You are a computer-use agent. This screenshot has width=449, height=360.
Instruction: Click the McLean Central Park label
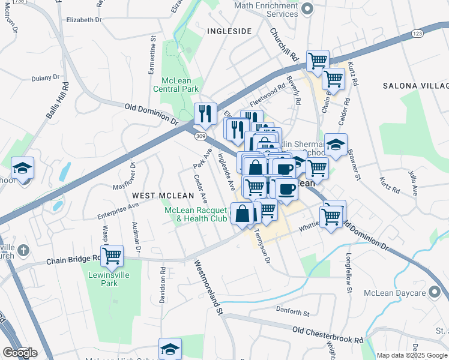point(179,85)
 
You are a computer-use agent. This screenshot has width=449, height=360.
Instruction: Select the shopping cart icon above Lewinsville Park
point(112,256)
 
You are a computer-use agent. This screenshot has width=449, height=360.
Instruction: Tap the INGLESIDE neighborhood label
point(229,31)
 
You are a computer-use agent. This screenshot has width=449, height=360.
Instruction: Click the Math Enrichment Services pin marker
point(307,8)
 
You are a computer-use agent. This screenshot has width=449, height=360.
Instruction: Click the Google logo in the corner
point(20,353)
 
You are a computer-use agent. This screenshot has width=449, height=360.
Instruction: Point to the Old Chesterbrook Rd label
point(328,335)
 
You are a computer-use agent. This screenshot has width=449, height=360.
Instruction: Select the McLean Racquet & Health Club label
point(196,214)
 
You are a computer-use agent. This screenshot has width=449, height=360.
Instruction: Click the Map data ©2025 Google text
point(411,355)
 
